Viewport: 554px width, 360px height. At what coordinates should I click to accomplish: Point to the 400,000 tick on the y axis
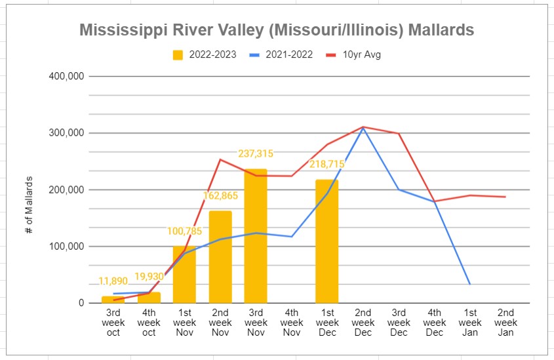click(x=66, y=76)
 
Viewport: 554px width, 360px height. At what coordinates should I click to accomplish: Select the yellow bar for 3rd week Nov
click(x=256, y=236)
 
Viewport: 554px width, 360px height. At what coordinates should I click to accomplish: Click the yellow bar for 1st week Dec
click(x=326, y=241)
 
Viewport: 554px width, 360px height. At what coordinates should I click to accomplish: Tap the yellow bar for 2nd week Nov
click(x=220, y=257)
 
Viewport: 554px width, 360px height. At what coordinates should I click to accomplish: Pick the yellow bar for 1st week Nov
click(x=185, y=275)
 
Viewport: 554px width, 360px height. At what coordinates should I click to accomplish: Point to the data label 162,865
click(x=220, y=195)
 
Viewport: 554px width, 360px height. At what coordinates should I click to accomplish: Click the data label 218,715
click(x=326, y=163)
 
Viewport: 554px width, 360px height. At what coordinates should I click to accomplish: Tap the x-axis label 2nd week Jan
click(x=505, y=323)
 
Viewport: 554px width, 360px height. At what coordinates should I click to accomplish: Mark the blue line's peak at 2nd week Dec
click(x=363, y=128)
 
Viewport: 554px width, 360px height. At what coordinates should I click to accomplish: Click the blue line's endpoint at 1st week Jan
click(x=469, y=284)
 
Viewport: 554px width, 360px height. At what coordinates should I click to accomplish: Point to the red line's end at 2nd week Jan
click(x=505, y=197)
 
